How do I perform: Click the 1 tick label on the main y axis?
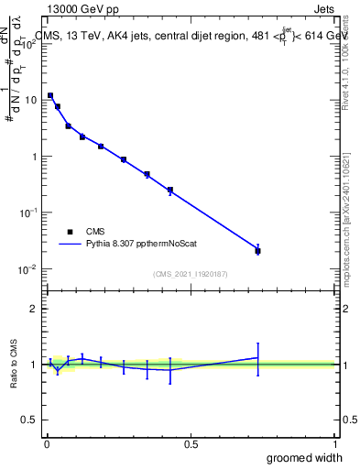click(35, 156)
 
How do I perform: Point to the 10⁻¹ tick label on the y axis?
click(29, 212)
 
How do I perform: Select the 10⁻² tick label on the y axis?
click(29, 268)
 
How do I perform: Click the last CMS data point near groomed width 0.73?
click(257, 250)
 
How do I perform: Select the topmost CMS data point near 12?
click(50, 95)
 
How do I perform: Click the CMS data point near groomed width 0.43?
click(170, 190)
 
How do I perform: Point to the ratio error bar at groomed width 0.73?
click(257, 358)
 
